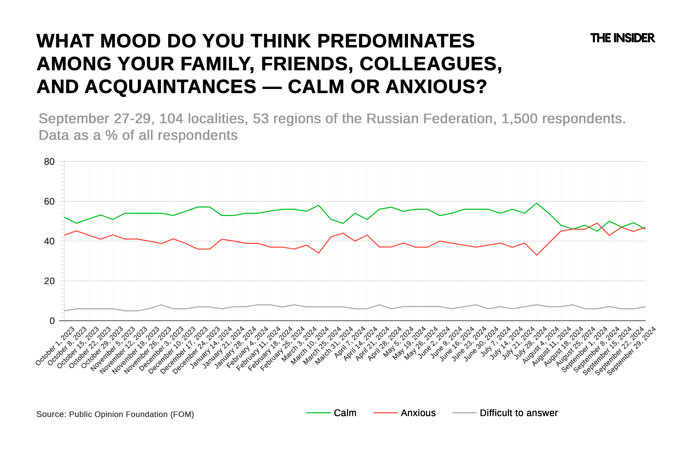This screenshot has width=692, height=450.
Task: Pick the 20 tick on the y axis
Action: coord(49,281)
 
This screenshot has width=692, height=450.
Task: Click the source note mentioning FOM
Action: coord(115,414)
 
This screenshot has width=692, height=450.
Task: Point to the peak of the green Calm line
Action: coord(536,203)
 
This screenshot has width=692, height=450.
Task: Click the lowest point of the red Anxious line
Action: coord(536,255)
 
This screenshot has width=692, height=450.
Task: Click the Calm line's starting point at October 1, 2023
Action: coord(65,217)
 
